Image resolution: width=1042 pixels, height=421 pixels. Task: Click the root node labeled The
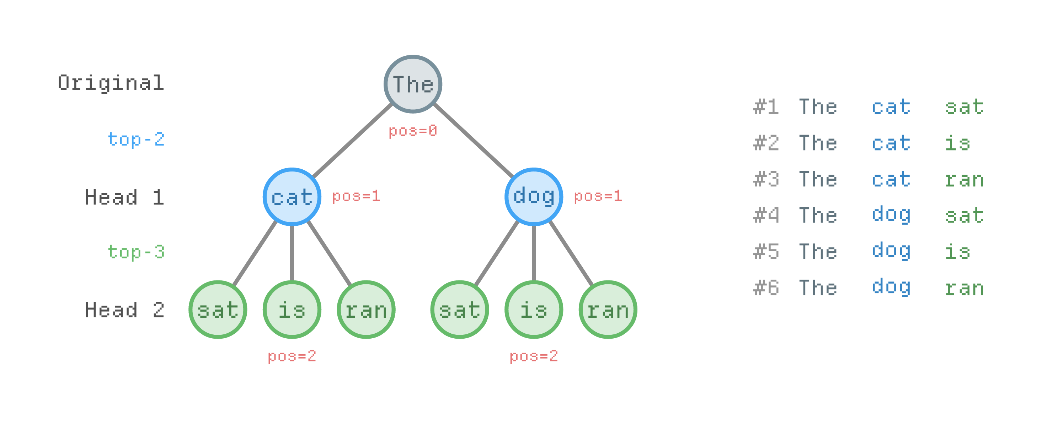[x=413, y=84]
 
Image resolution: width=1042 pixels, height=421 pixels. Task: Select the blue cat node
[x=292, y=197]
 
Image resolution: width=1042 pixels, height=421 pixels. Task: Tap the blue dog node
[x=534, y=197]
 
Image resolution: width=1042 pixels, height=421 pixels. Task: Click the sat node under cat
[x=218, y=310]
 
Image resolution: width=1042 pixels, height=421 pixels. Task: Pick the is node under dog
[x=534, y=310]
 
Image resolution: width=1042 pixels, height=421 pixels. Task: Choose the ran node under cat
[x=366, y=310]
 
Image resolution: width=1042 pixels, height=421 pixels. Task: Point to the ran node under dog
[x=608, y=310]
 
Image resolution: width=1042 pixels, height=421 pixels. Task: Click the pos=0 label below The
[x=413, y=131]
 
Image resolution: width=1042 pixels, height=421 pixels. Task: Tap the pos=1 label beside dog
[x=598, y=196]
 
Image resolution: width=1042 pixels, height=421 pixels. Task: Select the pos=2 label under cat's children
[x=292, y=356]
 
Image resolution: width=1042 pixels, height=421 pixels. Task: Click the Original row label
[x=111, y=83]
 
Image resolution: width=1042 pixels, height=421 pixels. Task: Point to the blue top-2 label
[x=136, y=140]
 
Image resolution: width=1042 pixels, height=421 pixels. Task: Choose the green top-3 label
[x=136, y=252]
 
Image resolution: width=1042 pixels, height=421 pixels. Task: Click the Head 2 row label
[x=124, y=310]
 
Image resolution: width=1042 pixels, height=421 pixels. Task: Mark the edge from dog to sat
[x=497, y=253]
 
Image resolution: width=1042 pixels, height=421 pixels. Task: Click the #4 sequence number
[x=766, y=215]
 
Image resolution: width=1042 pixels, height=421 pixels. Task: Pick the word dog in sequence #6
[x=891, y=288]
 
